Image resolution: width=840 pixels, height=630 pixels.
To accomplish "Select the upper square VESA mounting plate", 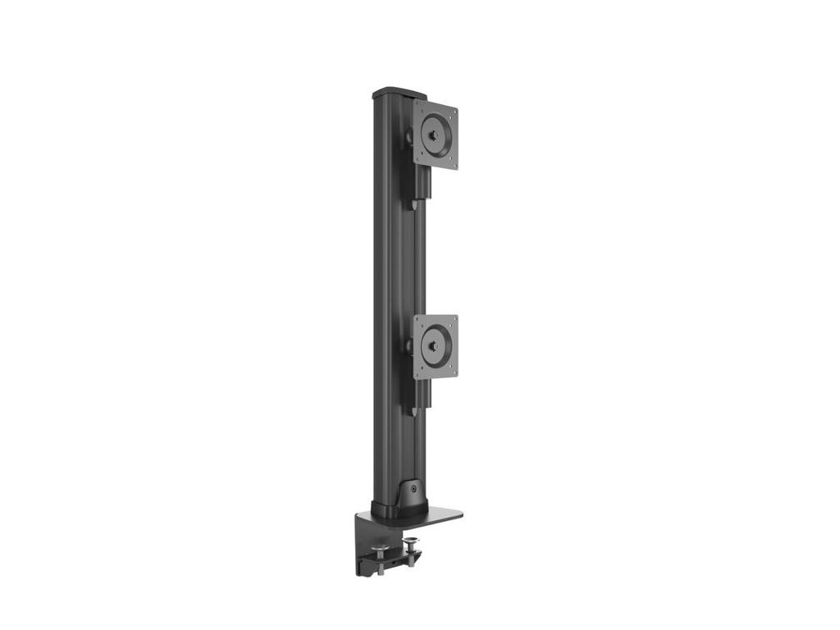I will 436,135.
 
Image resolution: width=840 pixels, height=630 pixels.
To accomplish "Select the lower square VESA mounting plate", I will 436,347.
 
